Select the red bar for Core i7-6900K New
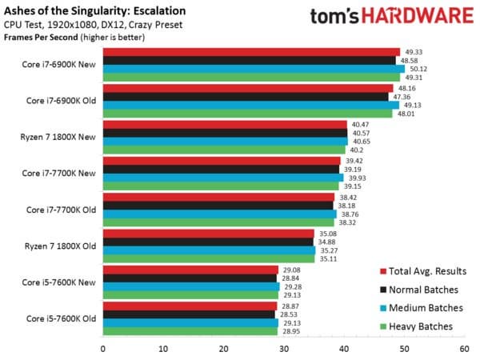pyautogui.click(x=251, y=51)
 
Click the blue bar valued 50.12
pyautogui.click(x=254, y=69)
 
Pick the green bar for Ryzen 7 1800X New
pyautogui.click(x=224, y=150)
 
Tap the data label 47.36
pyautogui.click(x=400, y=96)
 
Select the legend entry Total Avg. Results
pyautogui.click(x=425, y=271)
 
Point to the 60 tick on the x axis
pyautogui.click(x=464, y=349)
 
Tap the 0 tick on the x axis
pyautogui.click(x=103, y=349)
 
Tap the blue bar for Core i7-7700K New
pyautogui.click(x=221, y=178)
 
